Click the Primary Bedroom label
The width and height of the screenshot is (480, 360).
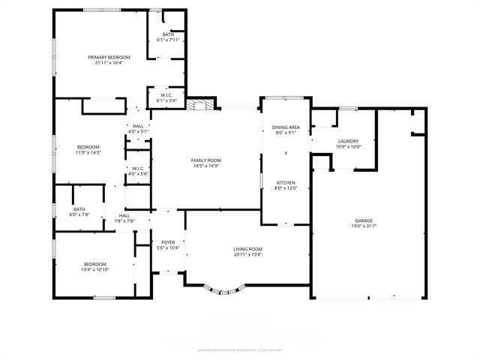(x=109, y=58)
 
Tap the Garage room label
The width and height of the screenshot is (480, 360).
(x=364, y=221)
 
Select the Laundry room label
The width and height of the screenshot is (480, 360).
(x=348, y=141)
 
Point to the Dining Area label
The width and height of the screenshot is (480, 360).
(x=286, y=127)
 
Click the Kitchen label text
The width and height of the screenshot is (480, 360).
(x=286, y=183)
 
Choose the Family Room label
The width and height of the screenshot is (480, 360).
(x=205, y=160)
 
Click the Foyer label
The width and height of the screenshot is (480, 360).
(x=168, y=242)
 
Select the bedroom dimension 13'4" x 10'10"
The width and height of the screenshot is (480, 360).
(x=95, y=269)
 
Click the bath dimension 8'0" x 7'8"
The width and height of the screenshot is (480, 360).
(x=79, y=214)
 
